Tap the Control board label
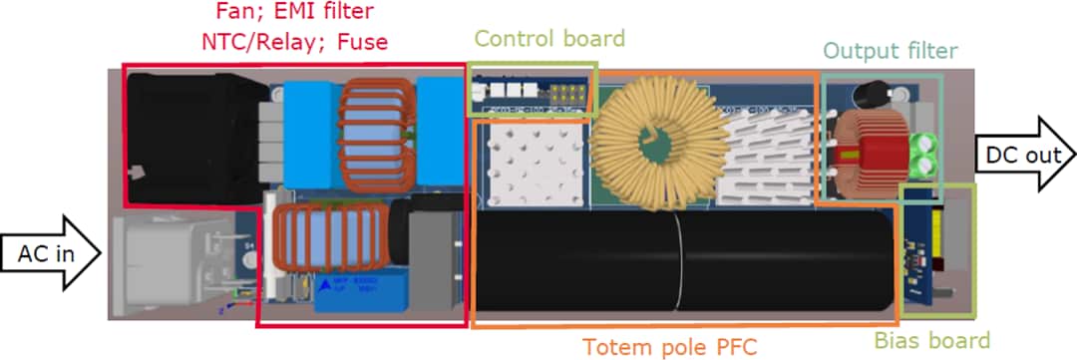coord(548,39)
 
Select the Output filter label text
coord(891,50)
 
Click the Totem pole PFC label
coord(670,346)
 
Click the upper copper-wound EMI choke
coord(374,130)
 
